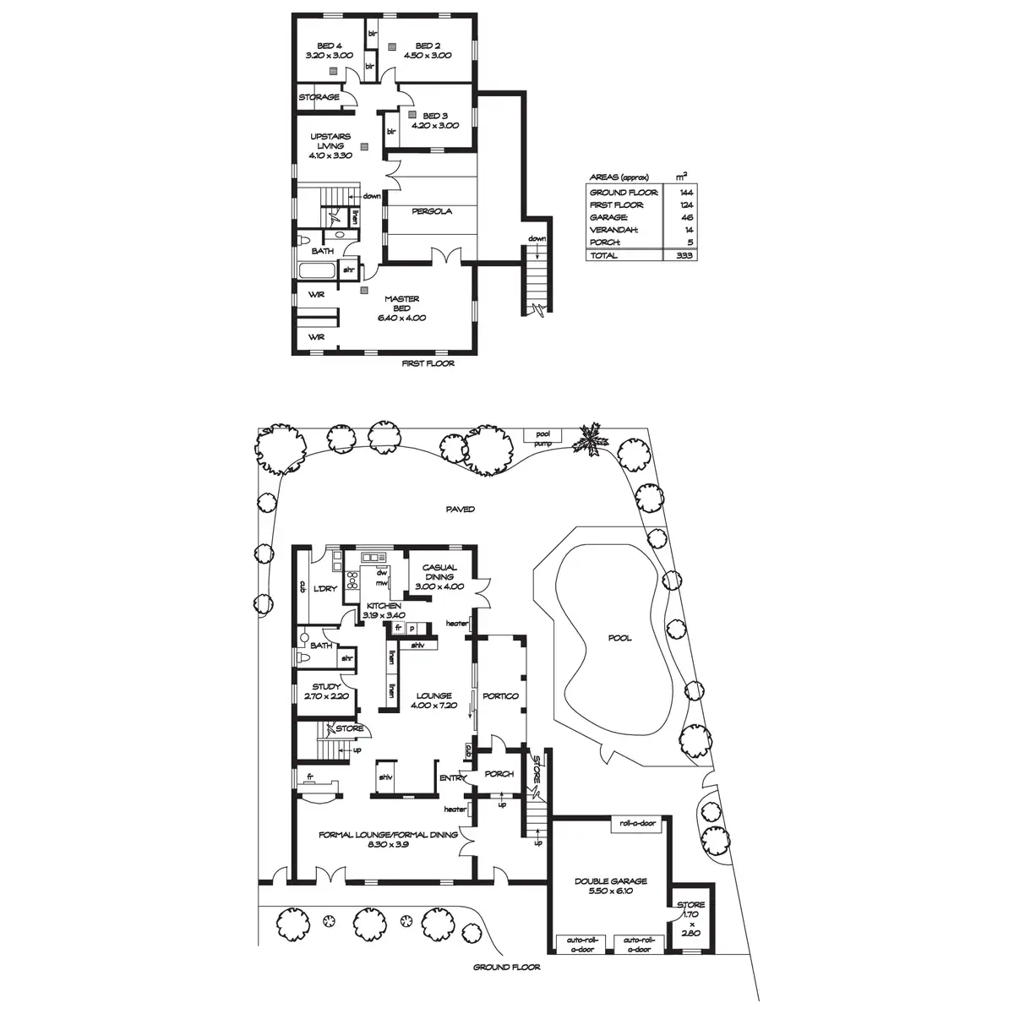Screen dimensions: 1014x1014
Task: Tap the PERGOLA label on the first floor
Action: [x=432, y=211]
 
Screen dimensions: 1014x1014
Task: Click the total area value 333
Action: [x=684, y=255]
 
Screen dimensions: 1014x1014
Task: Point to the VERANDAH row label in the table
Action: [x=613, y=229]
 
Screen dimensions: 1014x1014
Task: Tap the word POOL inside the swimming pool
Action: [x=619, y=639]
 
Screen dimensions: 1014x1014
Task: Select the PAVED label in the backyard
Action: [x=461, y=510]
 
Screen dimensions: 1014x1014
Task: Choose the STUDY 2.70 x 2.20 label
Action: [x=325, y=692]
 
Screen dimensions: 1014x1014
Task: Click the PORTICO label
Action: [x=500, y=696]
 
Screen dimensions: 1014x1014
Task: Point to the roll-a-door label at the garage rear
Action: [x=638, y=823]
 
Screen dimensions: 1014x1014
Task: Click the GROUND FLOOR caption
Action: [x=506, y=968]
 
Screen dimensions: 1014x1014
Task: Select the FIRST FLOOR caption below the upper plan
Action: [x=429, y=364]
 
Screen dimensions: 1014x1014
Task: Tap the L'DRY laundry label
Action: [x=325, y=588]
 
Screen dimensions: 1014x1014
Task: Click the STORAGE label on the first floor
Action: [x=319, y=97]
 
